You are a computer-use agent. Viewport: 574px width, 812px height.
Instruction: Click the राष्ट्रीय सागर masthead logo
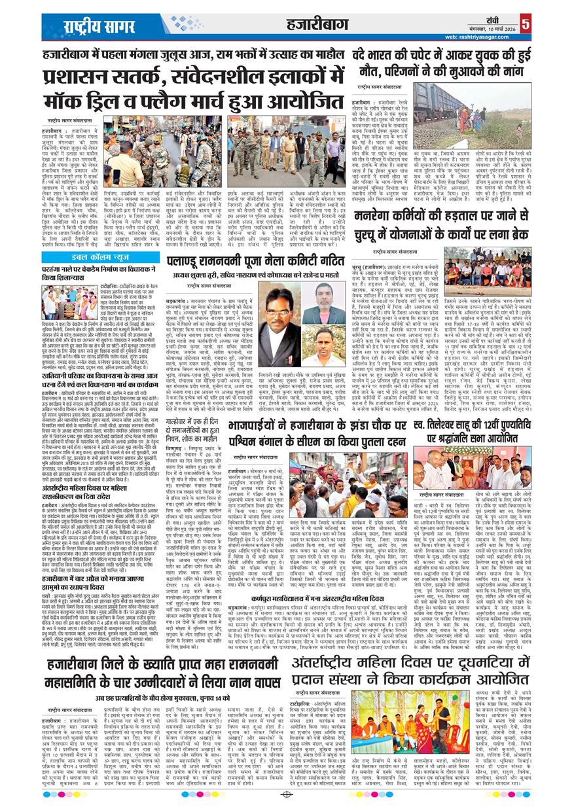click(98, 26)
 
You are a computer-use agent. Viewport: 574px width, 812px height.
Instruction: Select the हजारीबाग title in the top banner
click(313, 25)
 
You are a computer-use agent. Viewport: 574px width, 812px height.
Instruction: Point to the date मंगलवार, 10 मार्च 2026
click(493, 29)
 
